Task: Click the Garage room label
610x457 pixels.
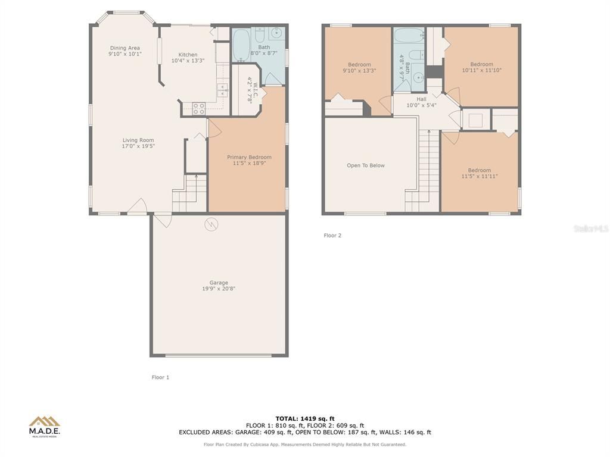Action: pos(219,283)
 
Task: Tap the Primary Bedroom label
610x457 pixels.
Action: pos(250,157)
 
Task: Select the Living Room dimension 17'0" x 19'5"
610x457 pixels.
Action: pos(138,146)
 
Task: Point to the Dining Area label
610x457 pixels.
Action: pos(125,48)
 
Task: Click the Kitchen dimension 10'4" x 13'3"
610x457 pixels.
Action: pos(188,61)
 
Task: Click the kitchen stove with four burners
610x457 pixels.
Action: pos(199,108)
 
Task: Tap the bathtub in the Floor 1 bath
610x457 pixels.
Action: pos(241,45)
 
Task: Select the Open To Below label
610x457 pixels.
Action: pos(366,165)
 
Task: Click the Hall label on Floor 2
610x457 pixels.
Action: pos(421,99)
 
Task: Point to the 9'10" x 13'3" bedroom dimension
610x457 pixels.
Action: pos(359,71)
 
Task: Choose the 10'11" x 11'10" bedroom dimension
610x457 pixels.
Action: pos(481,70)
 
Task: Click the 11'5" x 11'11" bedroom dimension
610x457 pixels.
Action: pos(480,176)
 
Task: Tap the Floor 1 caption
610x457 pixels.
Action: pos(160,377)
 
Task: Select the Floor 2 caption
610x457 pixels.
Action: pos(332,236)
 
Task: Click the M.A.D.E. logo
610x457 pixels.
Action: pos(44,427)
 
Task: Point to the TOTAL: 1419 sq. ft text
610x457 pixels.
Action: pos(305,418)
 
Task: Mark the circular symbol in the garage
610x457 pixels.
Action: pos(211,224)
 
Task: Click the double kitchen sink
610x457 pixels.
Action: pos(223,90)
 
